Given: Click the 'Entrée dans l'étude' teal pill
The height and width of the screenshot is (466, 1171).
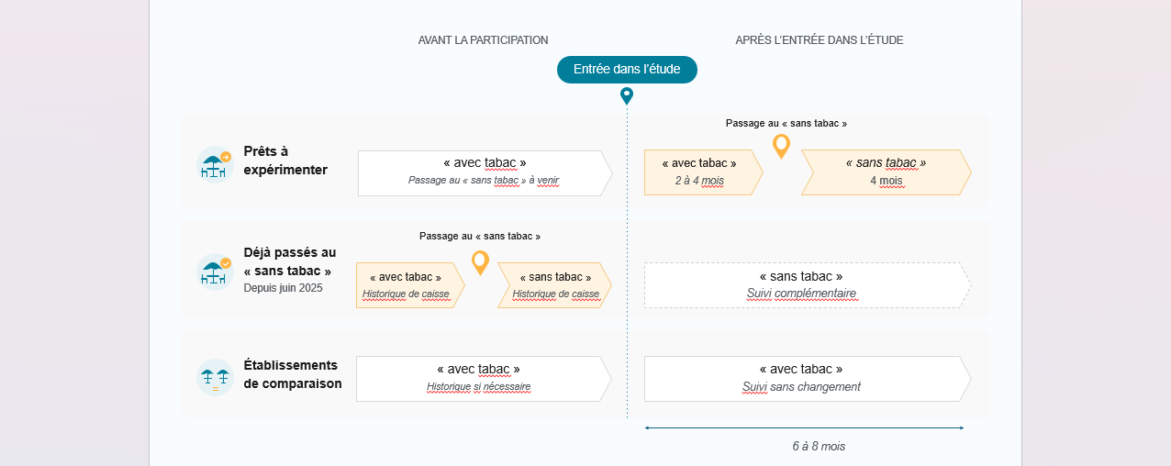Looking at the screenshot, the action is (627, 70).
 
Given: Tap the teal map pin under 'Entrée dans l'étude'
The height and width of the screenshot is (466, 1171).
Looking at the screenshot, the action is (627, 95).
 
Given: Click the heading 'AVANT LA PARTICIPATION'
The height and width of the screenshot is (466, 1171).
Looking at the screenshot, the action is (483, 40).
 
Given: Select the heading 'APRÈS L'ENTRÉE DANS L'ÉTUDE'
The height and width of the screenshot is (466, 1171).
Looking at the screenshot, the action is (820, 40).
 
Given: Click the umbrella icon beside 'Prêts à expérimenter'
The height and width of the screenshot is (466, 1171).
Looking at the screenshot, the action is (215, 164).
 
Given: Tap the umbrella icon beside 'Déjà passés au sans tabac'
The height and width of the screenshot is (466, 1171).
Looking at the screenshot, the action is (215, 272).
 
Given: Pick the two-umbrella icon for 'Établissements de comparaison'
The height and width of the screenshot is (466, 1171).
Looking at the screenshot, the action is (215, 377).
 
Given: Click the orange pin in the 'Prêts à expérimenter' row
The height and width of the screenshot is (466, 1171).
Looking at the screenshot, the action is (782, 146).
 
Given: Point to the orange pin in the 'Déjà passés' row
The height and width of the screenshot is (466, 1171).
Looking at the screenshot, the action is (481, 262).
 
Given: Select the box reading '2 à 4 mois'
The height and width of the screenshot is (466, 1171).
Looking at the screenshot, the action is (704, 172).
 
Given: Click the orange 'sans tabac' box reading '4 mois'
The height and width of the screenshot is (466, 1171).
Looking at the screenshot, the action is (887, 172).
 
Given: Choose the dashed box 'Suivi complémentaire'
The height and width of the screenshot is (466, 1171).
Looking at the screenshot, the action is (808, 285).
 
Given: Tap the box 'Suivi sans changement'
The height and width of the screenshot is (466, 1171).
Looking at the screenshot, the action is (808, 379).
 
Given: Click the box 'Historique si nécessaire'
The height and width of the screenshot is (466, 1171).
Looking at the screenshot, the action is (484, 379).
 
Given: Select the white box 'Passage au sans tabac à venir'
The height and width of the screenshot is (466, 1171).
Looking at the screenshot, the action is (485, 173).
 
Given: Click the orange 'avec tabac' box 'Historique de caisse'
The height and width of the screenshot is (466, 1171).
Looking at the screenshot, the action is (410, 285).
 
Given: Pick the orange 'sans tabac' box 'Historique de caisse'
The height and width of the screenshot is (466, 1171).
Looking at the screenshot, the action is (554, 285).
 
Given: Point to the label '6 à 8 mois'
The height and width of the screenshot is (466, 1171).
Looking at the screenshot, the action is (819, 446).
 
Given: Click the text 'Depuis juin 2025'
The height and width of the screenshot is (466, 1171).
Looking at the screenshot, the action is (283, 288).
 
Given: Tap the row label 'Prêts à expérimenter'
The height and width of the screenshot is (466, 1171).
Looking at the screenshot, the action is (285, 161).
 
